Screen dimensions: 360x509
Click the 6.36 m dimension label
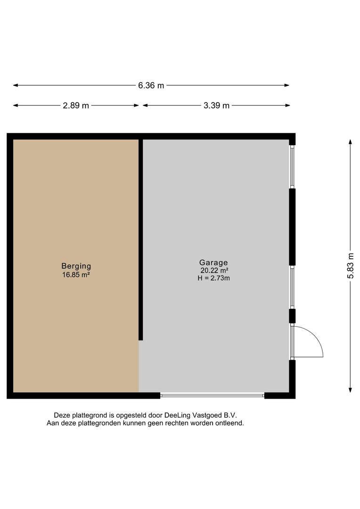click(151, 85)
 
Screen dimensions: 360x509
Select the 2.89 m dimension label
click(76, 106)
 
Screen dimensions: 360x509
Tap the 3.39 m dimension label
click(217, 106)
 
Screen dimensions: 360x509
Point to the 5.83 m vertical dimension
click(351, 265)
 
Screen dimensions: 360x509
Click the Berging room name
click(76, 266)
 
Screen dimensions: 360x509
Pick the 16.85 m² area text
click(76, 275)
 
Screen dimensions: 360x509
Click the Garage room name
click(213, 263)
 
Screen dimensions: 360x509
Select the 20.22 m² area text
click(214, 271)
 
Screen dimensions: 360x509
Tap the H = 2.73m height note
click(213, 278)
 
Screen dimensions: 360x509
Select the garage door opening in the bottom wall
click(213, 395)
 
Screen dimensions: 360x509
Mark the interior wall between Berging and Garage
click(141, 239)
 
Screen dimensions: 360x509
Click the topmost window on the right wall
click(292, 166)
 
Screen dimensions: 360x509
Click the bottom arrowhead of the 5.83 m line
click(350, 390)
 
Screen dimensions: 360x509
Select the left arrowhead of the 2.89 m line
click(16, 106)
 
